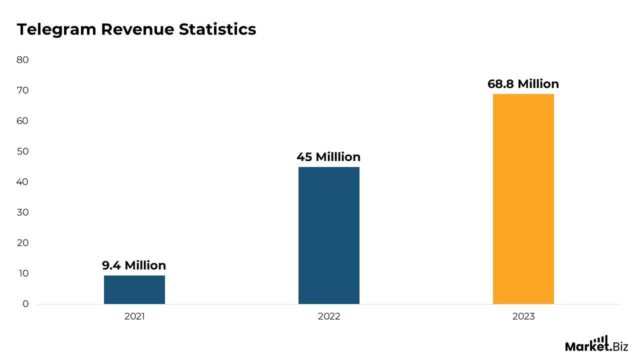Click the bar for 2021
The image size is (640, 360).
point(134,289)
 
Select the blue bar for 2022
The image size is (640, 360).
point(328,235)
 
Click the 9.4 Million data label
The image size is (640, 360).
point(134,265)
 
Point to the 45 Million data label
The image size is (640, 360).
point(328,157)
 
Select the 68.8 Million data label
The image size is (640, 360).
point(523,84)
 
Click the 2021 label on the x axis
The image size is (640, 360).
point(134,316)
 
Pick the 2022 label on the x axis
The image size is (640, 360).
point(328,316)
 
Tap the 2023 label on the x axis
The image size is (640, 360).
point(523,316)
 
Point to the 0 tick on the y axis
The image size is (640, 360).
point(25,304)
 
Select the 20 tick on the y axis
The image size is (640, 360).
point(23,243)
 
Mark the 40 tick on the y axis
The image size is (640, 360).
point(23,182)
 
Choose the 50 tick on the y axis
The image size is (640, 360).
point(23,151)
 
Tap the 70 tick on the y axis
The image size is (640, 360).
point(23,90)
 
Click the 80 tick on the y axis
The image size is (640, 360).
point(23,60)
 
